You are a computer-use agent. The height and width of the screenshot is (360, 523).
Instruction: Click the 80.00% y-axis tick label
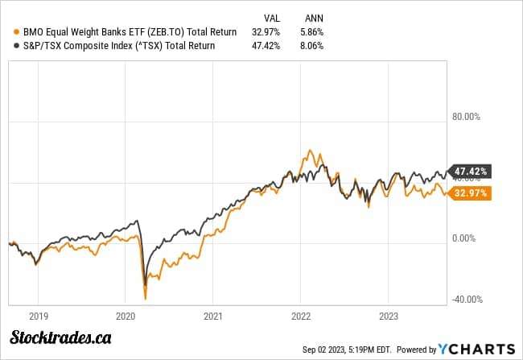click(466, 116)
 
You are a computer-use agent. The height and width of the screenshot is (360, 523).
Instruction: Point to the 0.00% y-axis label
click(467, 238)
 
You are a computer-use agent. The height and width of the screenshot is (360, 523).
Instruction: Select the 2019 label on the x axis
click(38, 316)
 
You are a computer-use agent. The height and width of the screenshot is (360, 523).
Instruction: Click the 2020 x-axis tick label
click(126, 316)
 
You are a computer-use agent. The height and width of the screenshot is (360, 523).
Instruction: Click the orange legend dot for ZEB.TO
click(8, 31)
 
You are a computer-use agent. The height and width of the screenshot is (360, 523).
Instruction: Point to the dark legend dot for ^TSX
click(8, 46)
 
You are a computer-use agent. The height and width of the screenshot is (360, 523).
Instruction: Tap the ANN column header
click(315, 17)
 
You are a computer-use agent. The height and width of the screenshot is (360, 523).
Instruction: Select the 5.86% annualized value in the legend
click(314, 31)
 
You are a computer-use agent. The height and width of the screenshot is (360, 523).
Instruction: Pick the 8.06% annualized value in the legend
click(314, 46)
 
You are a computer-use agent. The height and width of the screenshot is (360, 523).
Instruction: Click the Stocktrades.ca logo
click(60, 337)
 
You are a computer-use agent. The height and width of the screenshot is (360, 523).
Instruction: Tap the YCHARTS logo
click(476, 349)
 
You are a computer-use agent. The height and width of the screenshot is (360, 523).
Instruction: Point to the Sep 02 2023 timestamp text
click(348, 350)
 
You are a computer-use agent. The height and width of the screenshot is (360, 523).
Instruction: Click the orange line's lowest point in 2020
click(146, 299)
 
